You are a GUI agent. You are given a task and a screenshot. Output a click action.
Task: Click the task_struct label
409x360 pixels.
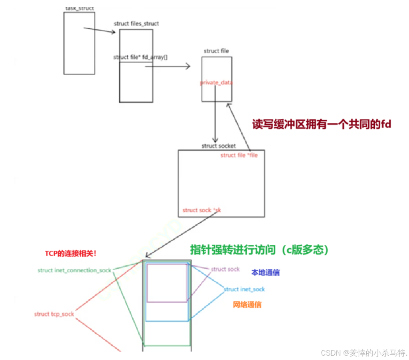coord(80,8)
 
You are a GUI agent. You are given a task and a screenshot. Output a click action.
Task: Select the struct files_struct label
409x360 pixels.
coord(136,24)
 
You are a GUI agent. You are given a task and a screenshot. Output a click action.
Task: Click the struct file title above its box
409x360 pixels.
coord(216,51)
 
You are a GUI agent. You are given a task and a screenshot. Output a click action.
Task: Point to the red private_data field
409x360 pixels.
coord(216,83)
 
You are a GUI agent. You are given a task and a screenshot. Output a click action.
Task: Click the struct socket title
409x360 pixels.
coord(219,146)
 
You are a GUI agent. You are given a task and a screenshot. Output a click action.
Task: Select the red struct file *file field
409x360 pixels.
coord(239,155)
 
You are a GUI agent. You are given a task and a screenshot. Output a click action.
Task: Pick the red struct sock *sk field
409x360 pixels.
coord(202,210)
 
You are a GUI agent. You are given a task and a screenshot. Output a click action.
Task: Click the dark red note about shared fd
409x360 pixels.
coord(322,124)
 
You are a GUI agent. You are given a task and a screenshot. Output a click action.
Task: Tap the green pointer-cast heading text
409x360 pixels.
coord(259,250)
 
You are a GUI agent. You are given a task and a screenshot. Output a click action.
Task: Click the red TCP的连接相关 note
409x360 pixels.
coord(71,253)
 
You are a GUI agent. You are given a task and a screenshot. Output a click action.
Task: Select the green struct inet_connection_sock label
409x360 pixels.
coord(75,270)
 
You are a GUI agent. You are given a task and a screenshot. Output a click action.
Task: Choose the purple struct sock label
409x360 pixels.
coord(225,269)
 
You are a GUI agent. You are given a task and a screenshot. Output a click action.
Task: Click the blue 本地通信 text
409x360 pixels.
coord(265,273)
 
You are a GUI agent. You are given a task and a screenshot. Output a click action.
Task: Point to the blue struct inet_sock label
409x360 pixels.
coord(244,289)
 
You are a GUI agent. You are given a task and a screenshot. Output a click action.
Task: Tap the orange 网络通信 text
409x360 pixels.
coord(247,305)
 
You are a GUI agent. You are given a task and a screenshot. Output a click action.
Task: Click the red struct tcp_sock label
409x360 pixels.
coord(54,314)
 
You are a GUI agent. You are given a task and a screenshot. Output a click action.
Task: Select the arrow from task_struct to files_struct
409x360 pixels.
coord(99,30)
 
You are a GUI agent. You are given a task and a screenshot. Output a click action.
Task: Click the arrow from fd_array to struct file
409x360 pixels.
coord(168,66)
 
